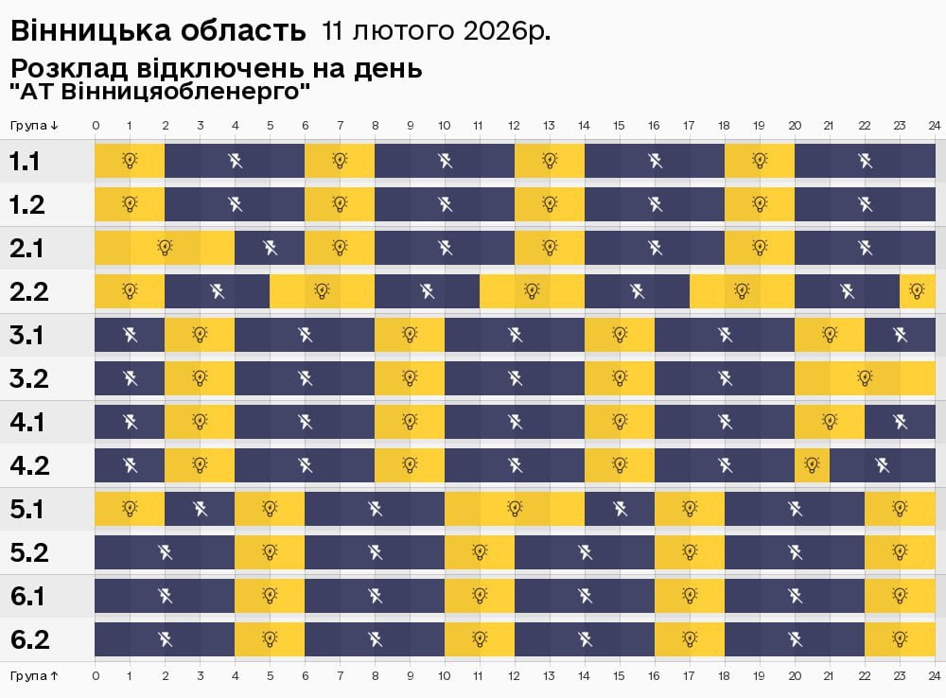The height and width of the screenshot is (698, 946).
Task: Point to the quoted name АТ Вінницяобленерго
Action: pos(160,93)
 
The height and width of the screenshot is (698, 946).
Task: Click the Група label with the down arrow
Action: pos(35,125)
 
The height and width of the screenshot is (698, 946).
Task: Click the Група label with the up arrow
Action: pos(35,676)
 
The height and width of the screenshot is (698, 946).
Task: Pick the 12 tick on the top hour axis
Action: pos(514,125)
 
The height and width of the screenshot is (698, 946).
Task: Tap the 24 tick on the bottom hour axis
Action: pos(934,676)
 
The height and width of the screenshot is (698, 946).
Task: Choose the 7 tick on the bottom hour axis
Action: pos(340,676)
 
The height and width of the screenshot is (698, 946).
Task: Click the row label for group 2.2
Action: pos(28,291)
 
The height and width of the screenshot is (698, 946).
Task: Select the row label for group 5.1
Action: pos(28,509)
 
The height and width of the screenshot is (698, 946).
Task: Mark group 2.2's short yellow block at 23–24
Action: pos(917,291)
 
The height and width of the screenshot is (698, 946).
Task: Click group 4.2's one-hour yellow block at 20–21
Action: pos(812,465)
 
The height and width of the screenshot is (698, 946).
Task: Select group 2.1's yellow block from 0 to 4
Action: pos(165,248)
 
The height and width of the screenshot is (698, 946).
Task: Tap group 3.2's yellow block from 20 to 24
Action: pos(865,378)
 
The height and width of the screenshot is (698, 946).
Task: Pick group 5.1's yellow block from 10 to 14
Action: pos(515,509)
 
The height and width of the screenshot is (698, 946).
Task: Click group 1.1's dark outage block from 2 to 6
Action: pos(235,161)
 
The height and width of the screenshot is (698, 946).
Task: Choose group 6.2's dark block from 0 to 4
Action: pos(165,639)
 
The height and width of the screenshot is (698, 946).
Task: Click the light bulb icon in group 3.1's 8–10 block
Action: pos(410,335)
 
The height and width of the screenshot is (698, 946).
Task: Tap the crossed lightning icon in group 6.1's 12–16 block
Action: pos(585,596)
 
